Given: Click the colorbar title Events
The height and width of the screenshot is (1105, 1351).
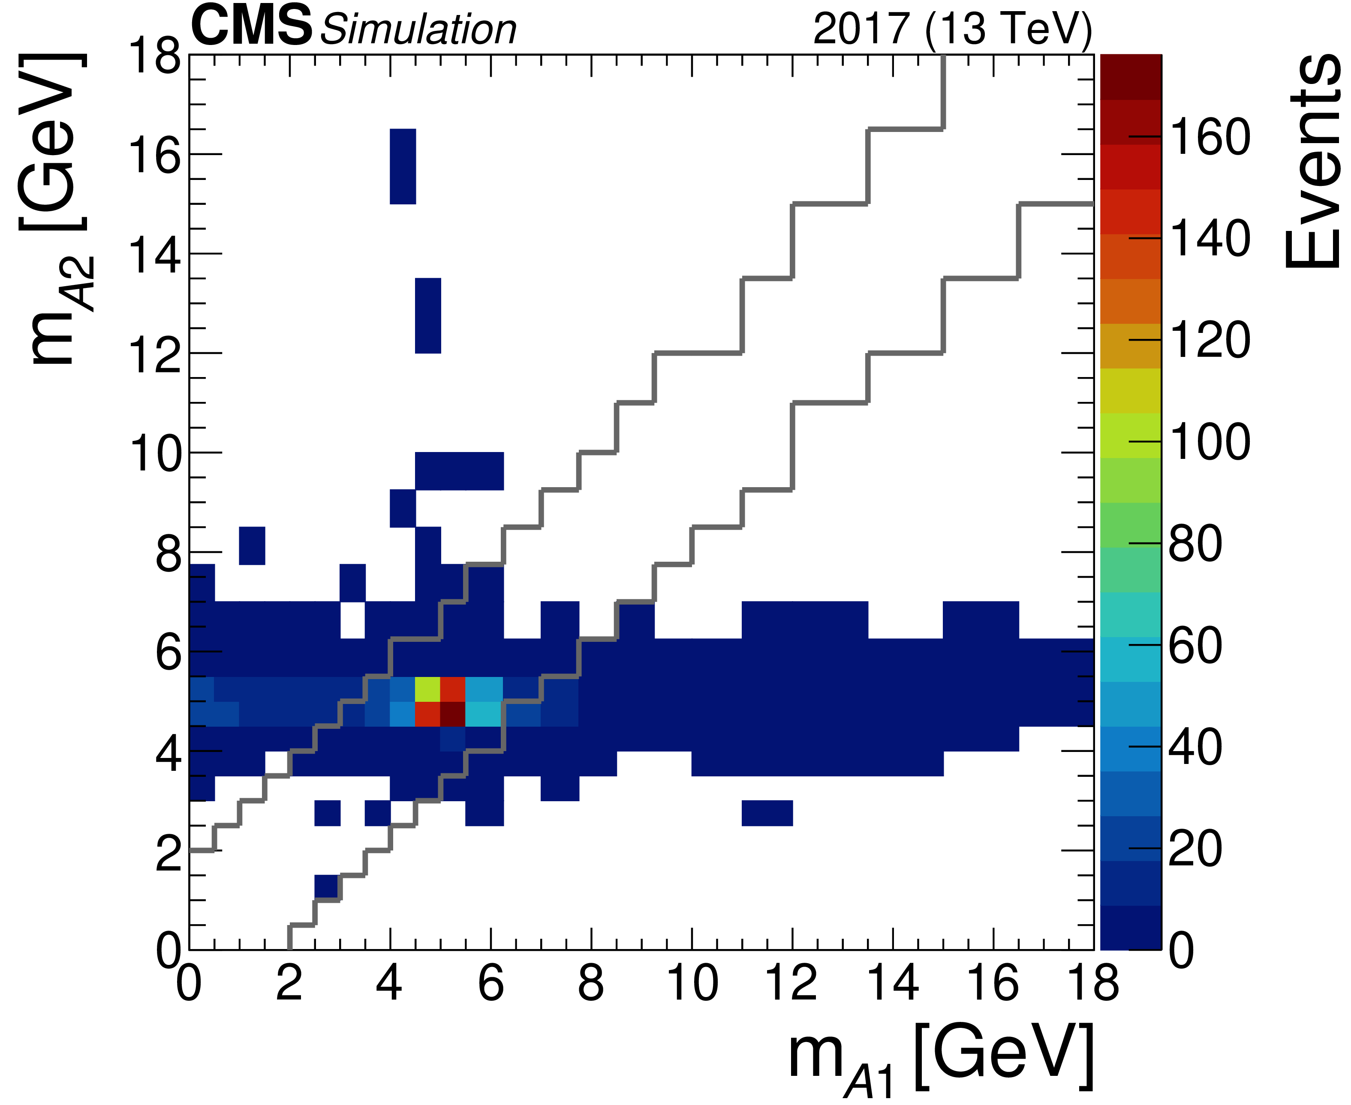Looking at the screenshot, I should click(x=1312, y=162).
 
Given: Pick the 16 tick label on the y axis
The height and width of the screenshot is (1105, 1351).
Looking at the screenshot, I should click(x=155, y=155).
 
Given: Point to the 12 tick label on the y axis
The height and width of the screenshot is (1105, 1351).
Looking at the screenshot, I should click(x=155, y=354).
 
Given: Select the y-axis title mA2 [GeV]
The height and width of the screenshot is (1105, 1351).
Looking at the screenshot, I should click(x=54, y=210).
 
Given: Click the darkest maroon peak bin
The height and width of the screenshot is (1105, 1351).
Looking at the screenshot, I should click(x=453, y=713).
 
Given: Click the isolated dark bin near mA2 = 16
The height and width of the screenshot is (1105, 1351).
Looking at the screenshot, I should click(x=403, y=166).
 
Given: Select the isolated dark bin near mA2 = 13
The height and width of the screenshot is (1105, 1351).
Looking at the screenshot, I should click(x=428, y=316).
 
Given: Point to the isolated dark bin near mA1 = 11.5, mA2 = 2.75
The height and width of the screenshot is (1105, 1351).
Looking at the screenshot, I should click(x=767, y=813).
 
